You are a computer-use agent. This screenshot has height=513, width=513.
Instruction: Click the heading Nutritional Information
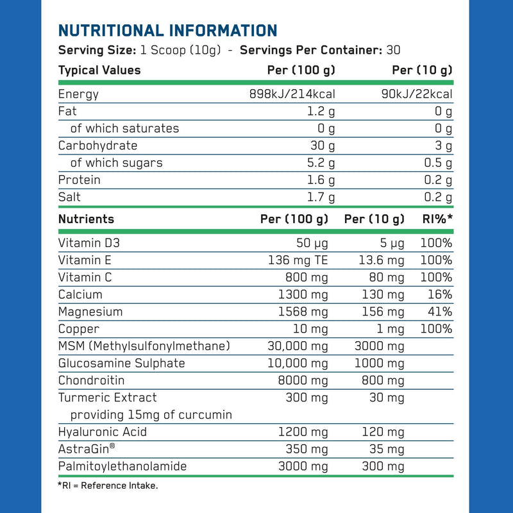pos(167,30)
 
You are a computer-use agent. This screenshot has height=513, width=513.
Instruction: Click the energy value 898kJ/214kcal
pos(292,94)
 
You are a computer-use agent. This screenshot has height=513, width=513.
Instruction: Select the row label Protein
pos(79,180)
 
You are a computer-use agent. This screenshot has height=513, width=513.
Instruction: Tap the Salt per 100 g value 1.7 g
pos(321,198)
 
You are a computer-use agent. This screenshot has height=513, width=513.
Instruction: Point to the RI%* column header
pos(437,219)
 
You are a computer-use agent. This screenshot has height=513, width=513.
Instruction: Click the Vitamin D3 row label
pos(89,243)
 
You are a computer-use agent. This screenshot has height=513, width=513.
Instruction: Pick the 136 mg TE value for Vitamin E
pos(298,260)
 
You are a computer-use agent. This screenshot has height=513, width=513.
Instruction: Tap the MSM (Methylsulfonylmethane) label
pos(144,346)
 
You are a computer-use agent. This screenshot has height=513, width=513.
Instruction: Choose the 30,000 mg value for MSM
pos(297,346)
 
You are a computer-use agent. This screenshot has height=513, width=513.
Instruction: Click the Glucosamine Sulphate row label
pos(121,364)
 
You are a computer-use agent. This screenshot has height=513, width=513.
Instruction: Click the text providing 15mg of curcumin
pos(151,415)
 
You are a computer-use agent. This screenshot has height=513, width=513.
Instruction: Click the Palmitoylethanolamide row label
pos(122,466)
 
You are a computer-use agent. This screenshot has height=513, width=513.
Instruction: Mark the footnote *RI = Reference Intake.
pos(108,485)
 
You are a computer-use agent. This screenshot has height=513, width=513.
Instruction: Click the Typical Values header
pos(99,70)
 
